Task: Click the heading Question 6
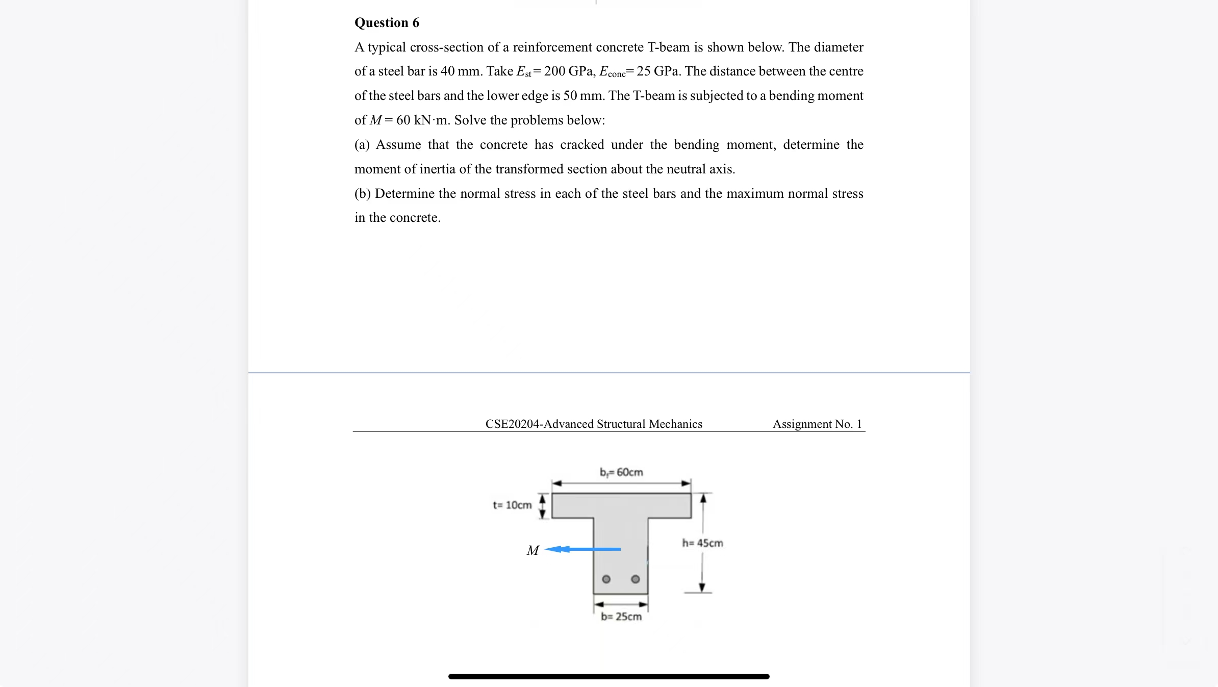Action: tap(387, 23)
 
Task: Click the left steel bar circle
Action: tap(606, 579)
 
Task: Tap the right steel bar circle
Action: tap(635, 579)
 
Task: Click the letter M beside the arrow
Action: tap(532, 551)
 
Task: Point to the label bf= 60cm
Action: tap(621, 472)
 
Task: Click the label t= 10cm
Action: tap(512, 505)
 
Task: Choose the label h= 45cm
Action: tap(702, 543)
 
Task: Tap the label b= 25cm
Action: tap(621, 617)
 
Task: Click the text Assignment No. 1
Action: tap(817, 424)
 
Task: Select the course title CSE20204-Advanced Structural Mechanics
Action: tap(593, 424)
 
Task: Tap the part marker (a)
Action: tap(362, 145)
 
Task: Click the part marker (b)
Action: tap(362, 194)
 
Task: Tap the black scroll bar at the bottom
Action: tap(608, 676)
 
